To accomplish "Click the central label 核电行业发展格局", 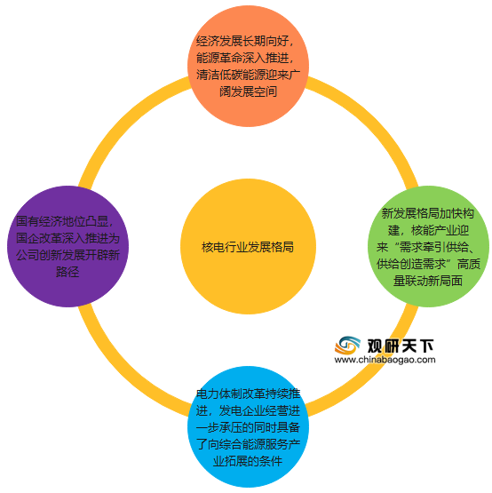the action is coord(248,247).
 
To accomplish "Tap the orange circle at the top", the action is coord(248,66).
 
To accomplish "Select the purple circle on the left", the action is coord(67,247).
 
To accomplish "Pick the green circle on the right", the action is coord(428,247).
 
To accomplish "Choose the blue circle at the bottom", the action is coord(248,427).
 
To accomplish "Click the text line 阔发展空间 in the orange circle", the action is coord(248,91).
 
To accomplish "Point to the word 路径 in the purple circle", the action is coord(67,272).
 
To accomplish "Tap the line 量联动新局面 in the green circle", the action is coord(428,281).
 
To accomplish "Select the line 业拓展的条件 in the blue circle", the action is coord(248,462).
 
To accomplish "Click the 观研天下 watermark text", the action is coord(401,346).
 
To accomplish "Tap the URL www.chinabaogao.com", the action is coord(385,360).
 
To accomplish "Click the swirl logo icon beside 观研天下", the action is coord(347,346).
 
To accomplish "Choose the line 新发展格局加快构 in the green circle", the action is coord(427,214).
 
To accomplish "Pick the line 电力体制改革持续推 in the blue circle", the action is coord(248,394).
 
